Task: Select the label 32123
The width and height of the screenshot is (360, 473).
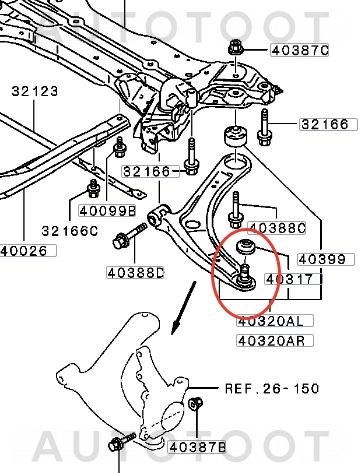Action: point(36,92)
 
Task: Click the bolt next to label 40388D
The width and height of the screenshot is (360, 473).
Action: point(126,240)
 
